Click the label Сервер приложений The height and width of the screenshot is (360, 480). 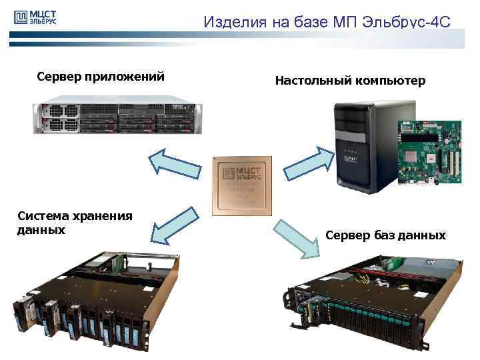click(101, 77)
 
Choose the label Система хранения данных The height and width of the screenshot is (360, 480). click(65, 223)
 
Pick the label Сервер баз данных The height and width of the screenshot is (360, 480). click(385, 235)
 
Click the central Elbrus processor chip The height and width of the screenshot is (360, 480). click(241, 186)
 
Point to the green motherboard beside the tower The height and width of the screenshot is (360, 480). click(428, 153)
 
